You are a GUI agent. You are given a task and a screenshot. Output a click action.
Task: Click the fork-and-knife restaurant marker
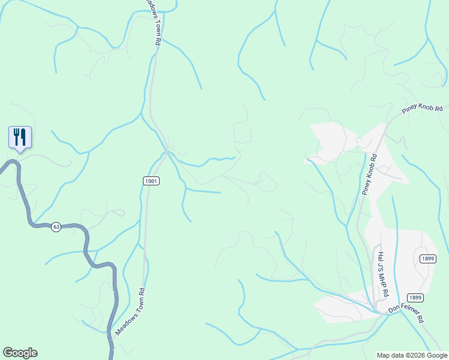[20, 137]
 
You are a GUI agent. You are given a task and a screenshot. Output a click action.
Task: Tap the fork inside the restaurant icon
[16, 137]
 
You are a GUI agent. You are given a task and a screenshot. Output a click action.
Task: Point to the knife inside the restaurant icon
[23, 137]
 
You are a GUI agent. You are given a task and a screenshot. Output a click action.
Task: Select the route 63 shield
[56, 227]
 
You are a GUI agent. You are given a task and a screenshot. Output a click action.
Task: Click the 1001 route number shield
[151, 181]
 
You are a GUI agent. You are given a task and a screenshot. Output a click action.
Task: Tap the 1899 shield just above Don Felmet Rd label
[415, 298]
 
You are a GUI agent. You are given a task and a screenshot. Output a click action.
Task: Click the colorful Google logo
[20, 353]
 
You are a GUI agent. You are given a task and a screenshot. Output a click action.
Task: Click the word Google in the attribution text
[436, 355]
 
